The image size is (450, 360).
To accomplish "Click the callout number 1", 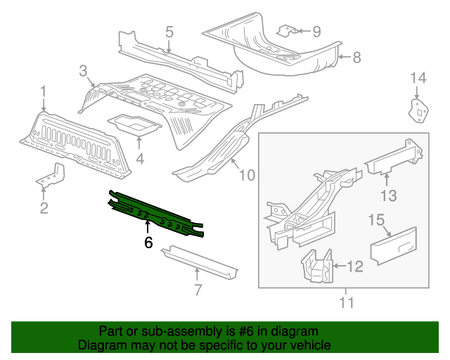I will coord(44,91).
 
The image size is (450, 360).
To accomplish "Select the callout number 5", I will coord(169,31).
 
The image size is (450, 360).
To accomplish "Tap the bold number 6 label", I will coord(148,243).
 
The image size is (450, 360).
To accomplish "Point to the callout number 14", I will coord(418,77).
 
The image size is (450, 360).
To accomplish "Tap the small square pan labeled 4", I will coord(134,125).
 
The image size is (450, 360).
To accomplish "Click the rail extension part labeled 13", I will coord(394,158).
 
